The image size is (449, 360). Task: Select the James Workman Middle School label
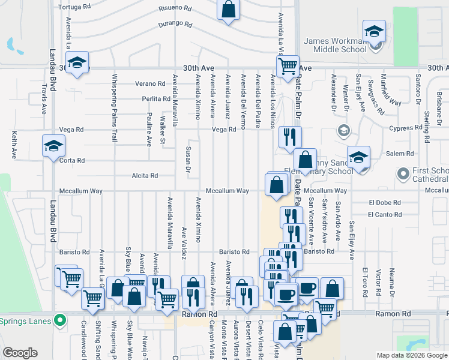coord(334,45)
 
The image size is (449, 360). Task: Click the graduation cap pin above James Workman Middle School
coord(374,31)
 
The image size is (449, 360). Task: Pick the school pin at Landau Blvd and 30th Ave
coord(77,64)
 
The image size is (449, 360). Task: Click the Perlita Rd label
coord(157,98)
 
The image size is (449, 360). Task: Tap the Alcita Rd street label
coord(145,176)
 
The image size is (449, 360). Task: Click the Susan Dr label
coord(188,160)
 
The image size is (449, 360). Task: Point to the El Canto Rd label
coord(385,214)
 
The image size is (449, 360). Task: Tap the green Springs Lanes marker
coord(59,320)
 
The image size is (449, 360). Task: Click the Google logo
coord(20,353)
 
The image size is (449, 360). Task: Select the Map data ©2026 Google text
coord(411,355)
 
